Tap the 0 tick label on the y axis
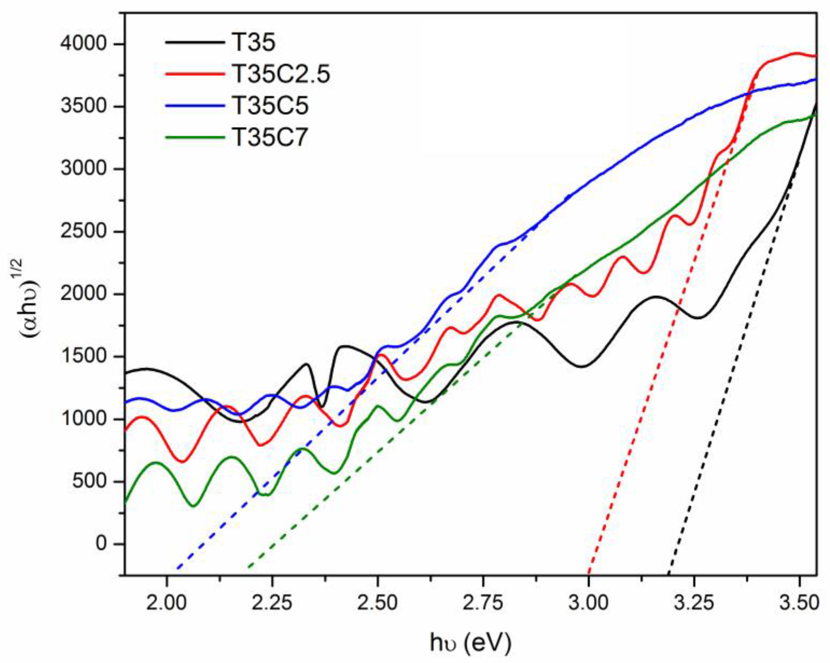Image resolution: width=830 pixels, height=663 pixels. pyautogui.click(x=100, y=544)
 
